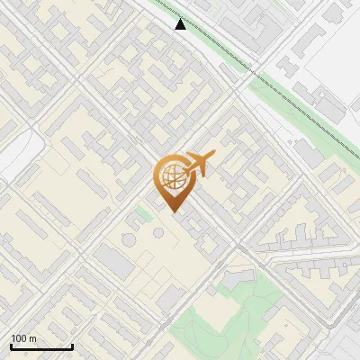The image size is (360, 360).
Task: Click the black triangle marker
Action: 181,24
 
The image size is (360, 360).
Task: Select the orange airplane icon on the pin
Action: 200,165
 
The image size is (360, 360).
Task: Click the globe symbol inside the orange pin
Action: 173,175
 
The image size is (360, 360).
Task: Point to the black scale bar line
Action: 41,346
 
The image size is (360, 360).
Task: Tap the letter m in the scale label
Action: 33,338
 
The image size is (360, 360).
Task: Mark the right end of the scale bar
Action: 72,346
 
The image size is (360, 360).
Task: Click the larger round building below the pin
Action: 128,240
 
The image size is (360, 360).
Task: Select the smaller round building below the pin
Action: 158,233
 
